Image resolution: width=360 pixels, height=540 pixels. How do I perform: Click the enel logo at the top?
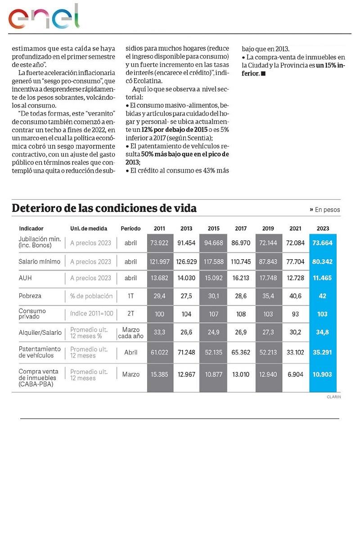tap(44, 17)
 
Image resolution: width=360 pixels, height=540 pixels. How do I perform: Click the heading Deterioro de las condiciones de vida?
tap(104, 208)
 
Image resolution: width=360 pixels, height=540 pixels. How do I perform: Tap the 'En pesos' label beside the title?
tap(325, 210)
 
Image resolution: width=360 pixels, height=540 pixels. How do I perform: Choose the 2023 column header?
tap(322, 228)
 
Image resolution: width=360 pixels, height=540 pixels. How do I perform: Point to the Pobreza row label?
tap(30, 296)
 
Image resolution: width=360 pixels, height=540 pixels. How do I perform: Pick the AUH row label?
tap(25, 278)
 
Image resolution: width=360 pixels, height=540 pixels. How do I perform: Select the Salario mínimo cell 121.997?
tap(159, 261)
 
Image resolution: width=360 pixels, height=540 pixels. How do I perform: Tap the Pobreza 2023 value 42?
tap(322, 296)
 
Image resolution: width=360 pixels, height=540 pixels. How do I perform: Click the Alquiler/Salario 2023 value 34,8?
tap(322, 333)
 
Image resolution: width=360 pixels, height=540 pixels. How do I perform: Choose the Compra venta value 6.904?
tap(296, 374)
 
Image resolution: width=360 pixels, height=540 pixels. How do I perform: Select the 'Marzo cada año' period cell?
tap(130, 333)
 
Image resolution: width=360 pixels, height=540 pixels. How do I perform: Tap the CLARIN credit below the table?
tap(334, 397)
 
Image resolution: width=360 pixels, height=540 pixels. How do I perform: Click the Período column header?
tap(130, 228)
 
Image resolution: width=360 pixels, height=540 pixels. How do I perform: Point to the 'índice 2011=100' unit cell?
tap(92, 313)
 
